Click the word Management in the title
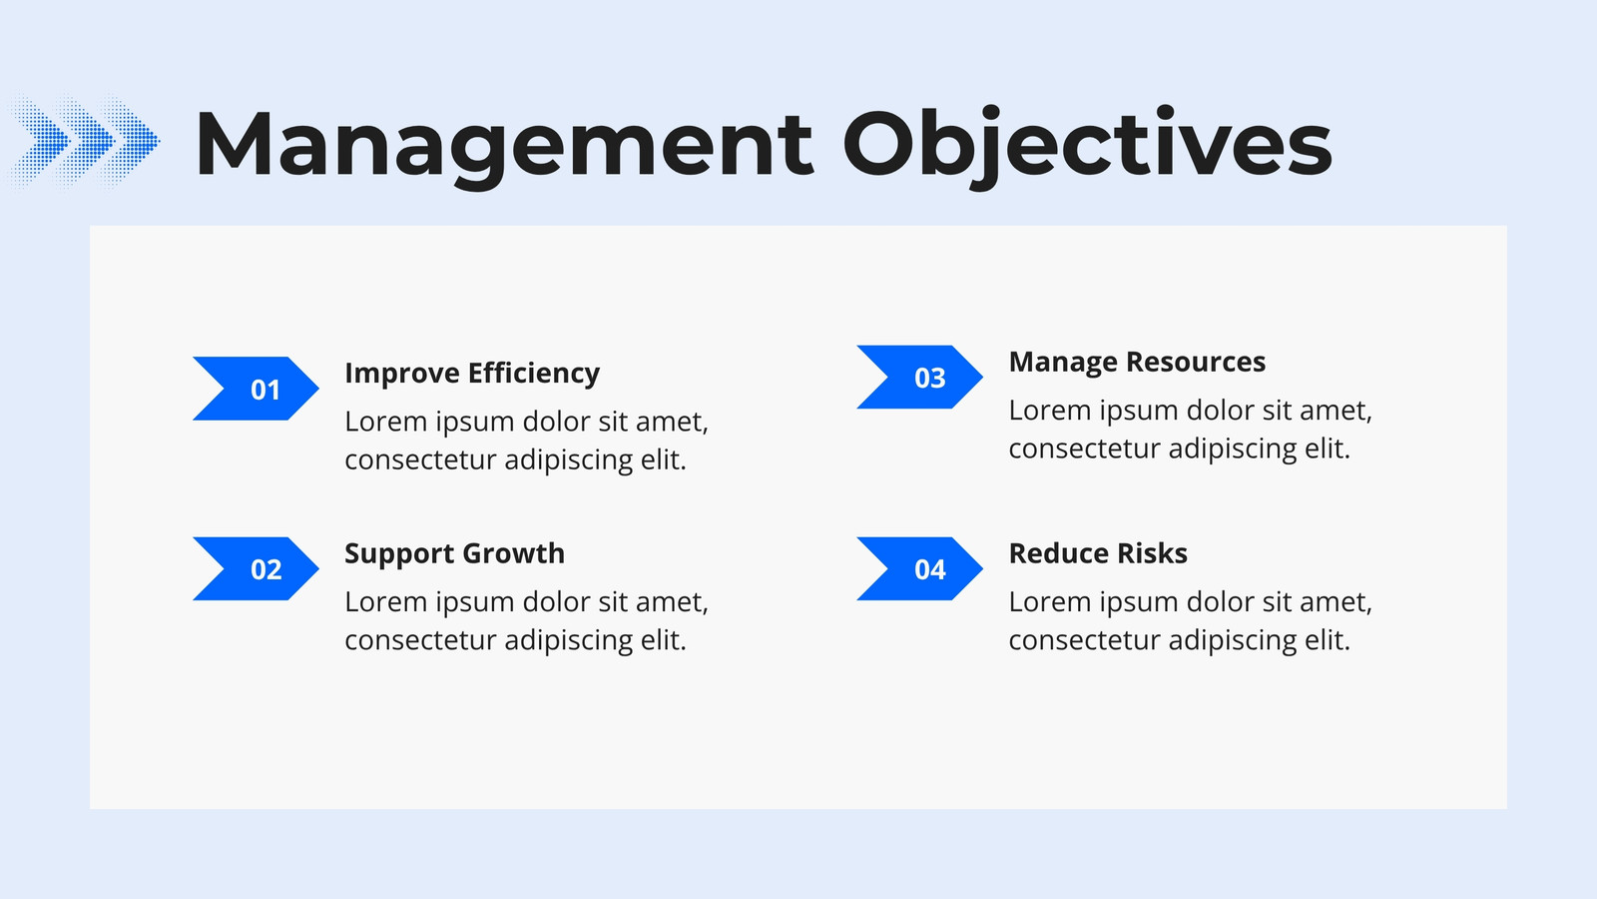504,144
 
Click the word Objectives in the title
1088,146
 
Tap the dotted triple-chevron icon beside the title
83,141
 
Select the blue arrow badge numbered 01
256,389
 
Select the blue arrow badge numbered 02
256,568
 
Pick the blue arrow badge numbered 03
919,377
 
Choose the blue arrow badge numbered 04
919,568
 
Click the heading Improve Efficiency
472,374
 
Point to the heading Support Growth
455,553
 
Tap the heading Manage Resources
1137,362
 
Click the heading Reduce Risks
1098,553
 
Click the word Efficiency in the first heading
534,374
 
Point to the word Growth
513,553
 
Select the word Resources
1196,362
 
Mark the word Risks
1152,553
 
